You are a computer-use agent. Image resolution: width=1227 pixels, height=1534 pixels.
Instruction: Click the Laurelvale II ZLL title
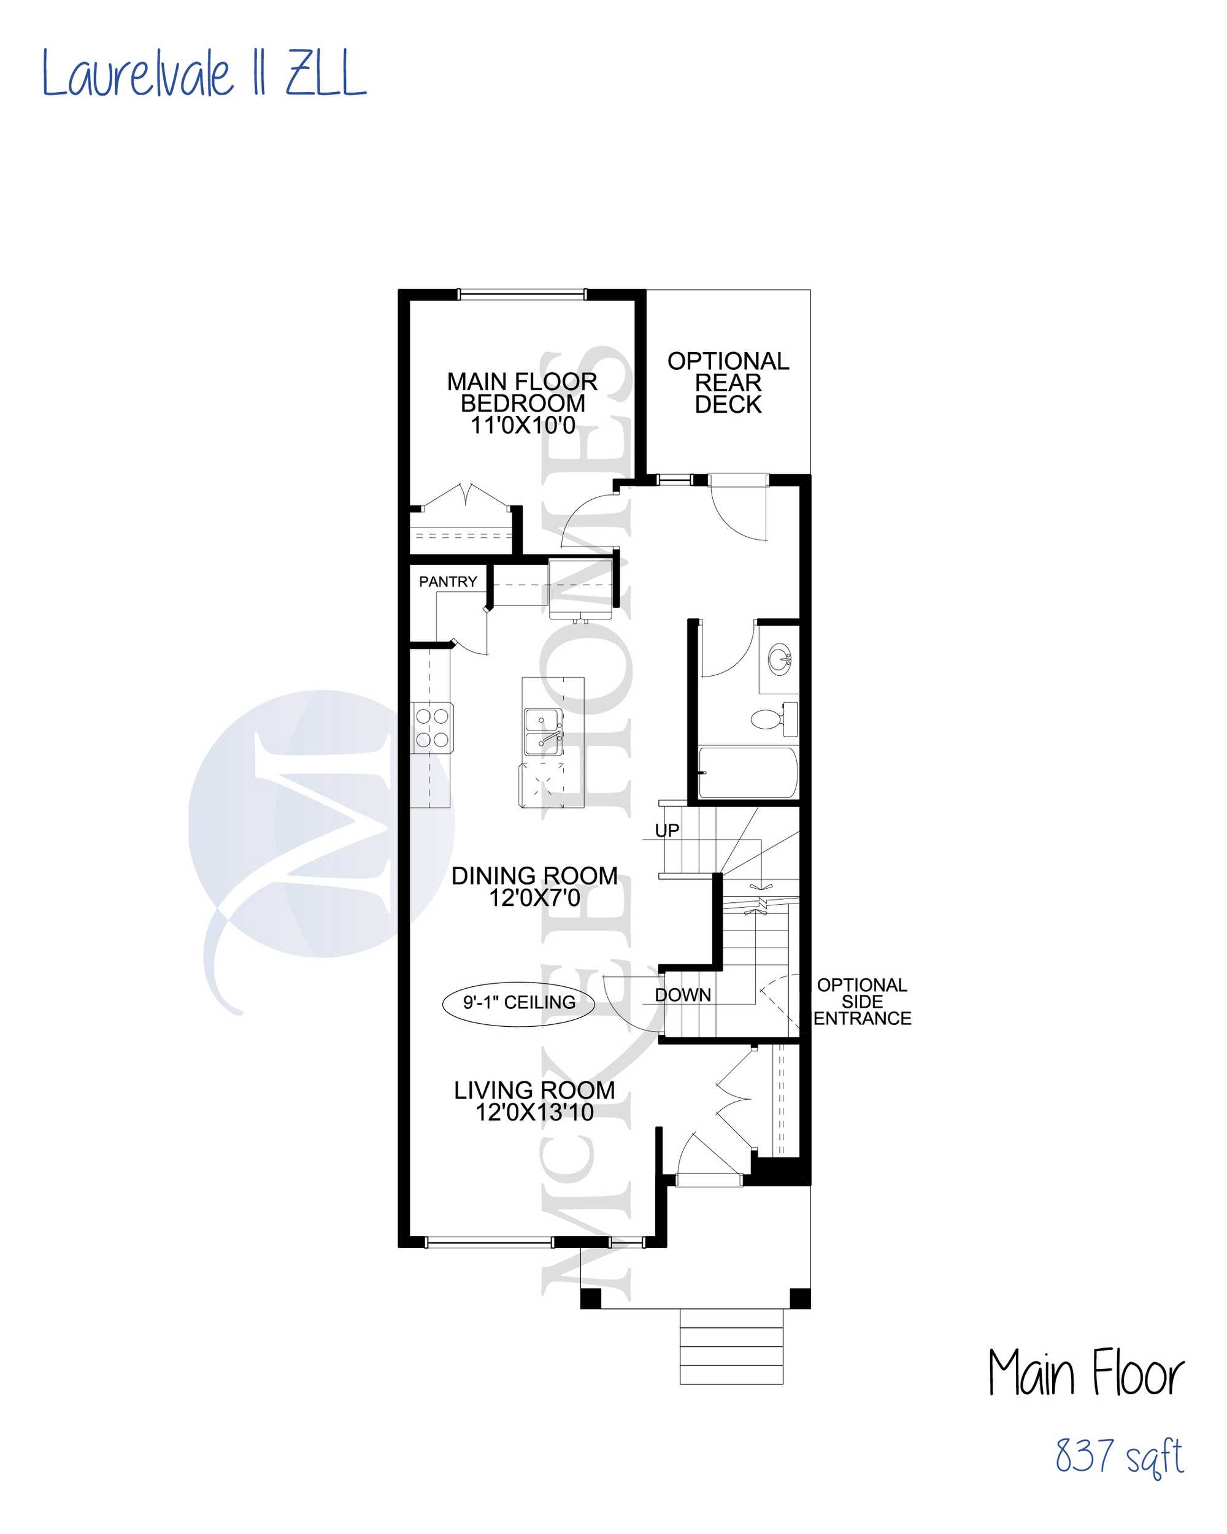pos(204,72)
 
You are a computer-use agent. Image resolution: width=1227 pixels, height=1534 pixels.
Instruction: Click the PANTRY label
pos(448,582)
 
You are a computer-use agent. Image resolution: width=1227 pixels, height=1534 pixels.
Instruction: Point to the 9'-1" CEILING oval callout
pos(519,1002)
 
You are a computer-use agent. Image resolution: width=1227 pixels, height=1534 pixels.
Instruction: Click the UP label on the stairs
pos(667,830)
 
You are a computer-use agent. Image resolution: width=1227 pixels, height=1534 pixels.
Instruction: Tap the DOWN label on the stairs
pos(683,995)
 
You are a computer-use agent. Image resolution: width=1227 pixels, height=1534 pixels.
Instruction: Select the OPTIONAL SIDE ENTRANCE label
pos(862,1001)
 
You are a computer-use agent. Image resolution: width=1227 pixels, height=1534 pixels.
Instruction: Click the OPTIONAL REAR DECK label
pos(728,383)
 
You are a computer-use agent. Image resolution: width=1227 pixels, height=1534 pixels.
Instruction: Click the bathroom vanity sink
pos(780,659)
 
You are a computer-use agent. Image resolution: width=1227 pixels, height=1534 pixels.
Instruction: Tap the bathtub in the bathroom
pos(747,773)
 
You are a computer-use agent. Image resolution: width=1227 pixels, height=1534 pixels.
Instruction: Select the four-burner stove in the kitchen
pos(432,727)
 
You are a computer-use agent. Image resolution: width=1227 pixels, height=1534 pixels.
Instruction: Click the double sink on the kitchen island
pos(543,731)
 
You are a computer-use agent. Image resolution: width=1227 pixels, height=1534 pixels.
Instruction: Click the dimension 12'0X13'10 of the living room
pos(534,1111)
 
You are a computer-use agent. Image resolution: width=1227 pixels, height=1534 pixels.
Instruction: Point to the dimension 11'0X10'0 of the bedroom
pos(523,425)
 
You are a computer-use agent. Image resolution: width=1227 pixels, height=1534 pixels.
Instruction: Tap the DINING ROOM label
pos(534,876)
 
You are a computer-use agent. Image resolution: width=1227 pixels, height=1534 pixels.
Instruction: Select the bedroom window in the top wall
pos(521,294)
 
